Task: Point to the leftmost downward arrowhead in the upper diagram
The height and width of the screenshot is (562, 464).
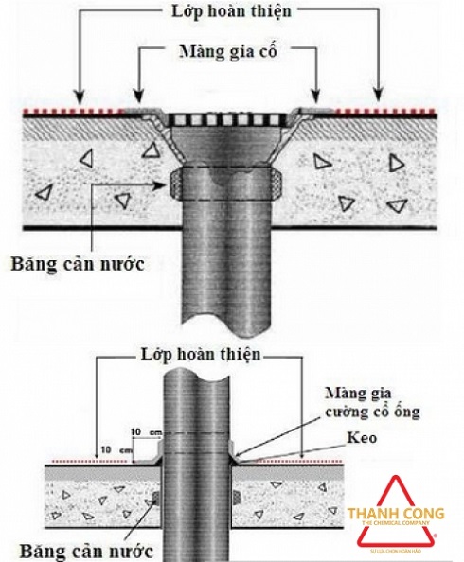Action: pyautogui.click(x=79, y=97)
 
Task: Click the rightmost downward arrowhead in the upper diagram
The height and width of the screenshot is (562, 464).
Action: pyautogui.click(x=380, y=97)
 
